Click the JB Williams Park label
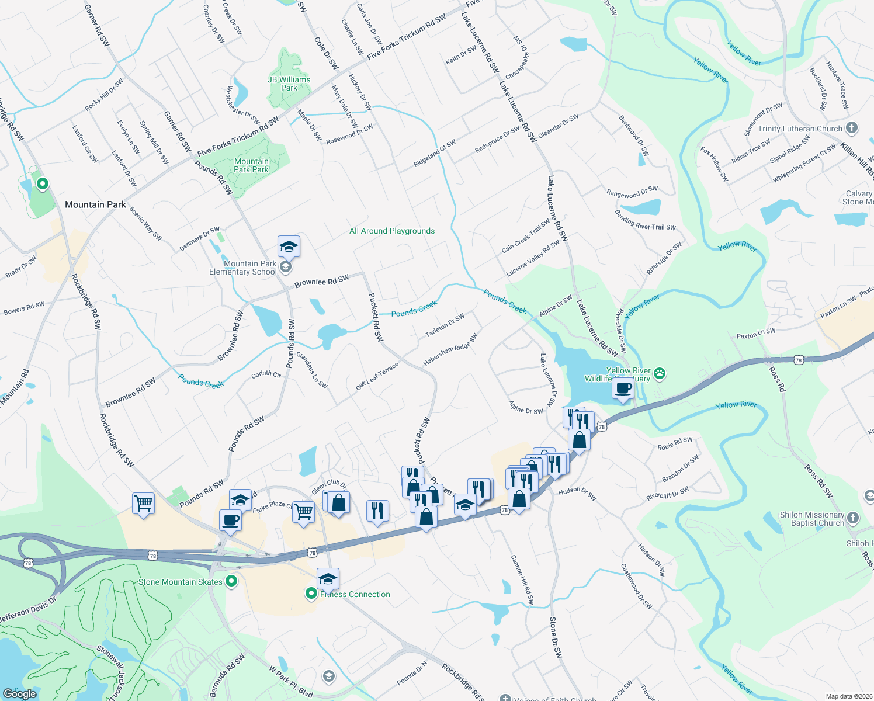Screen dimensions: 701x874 [x=289, y=84]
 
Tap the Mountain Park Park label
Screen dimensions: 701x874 [x=251, y=165]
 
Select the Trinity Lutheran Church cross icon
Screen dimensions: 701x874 [x=852, y=128]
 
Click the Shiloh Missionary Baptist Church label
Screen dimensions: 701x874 [x=811, y=519]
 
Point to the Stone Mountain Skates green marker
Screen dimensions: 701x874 [x=231, y=581]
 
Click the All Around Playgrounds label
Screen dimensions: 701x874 [x=392, y=231]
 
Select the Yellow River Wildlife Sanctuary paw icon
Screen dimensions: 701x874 [x=660, y=373]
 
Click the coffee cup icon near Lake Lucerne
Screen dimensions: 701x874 [x=623, y=388]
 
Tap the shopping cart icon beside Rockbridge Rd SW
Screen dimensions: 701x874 [x=143, y=502]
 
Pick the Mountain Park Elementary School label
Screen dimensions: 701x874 [x=243, y=268]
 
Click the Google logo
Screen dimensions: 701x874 [x=19, y=693]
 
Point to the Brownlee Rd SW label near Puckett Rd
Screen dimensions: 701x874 [x=321, y=281]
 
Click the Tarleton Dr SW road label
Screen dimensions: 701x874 [x=445, y=325]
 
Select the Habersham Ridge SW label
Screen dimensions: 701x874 [x=450, y=349]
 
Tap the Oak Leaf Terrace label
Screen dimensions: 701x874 [x=377, y=377]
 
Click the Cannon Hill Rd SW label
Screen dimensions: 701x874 [x=522, y=579]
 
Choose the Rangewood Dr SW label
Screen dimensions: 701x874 [x=632, y=192]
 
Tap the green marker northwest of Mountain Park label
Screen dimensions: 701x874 [x=43, y=185]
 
